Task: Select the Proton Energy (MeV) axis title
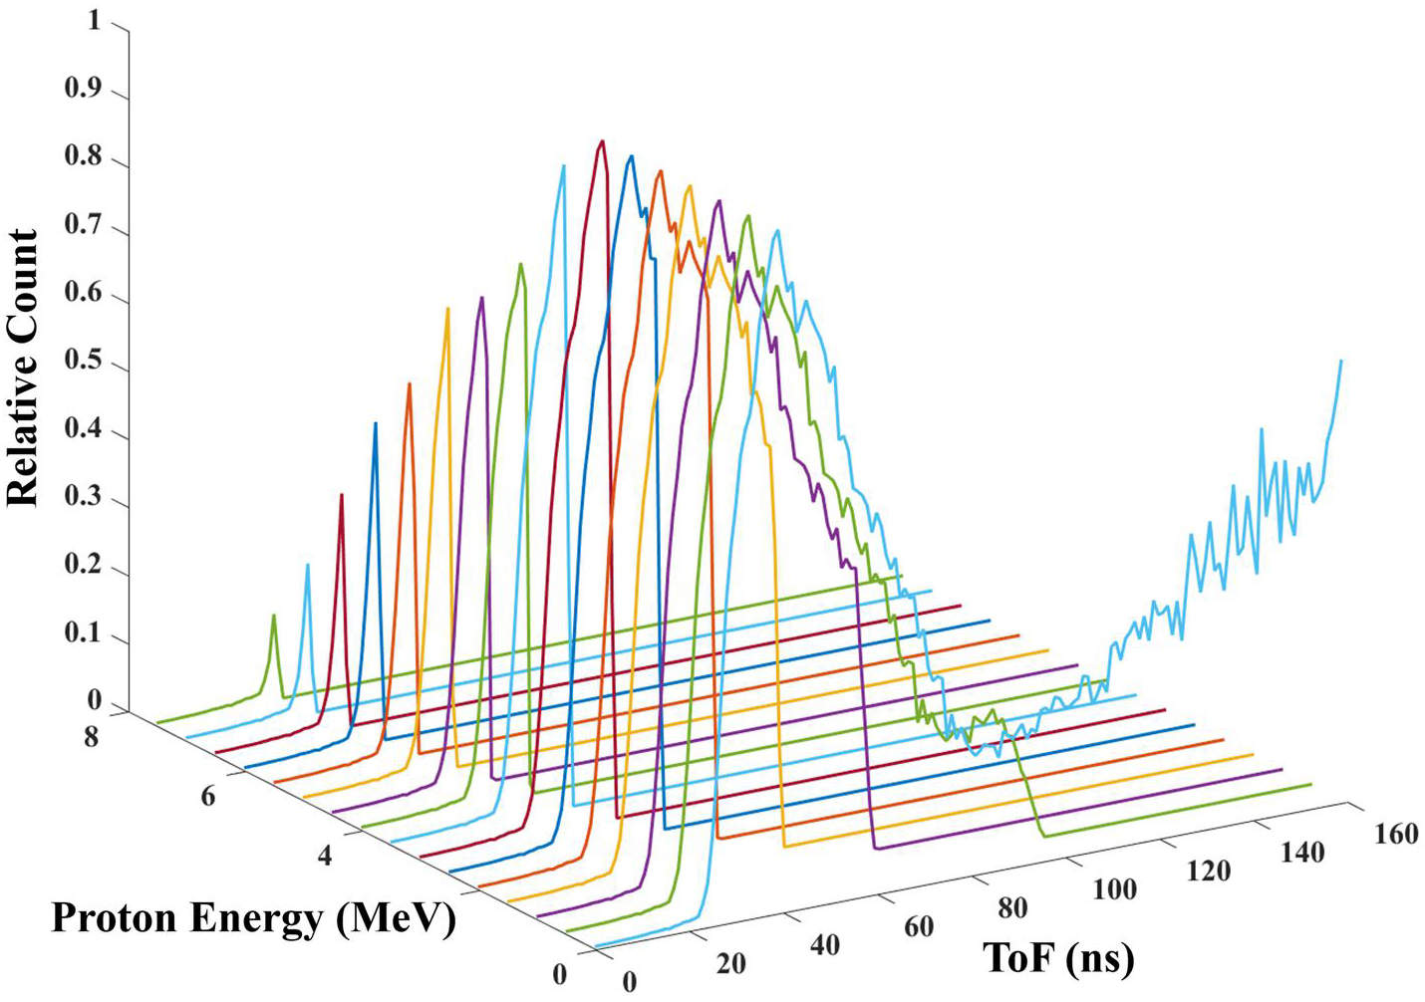(254, 918)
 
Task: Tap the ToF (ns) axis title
(1058, 958)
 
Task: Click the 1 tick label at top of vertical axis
(94, 20)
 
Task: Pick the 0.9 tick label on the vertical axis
(83, 88)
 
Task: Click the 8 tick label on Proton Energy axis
(91, 738)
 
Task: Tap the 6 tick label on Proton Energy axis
(207, 796)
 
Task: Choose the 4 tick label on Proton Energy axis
(325, 855)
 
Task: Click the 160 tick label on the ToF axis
(1395, 834)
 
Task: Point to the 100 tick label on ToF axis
(1114, 888)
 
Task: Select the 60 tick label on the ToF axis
(919, 926)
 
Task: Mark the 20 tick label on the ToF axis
(730, 963)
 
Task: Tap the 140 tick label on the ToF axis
(1302, 853)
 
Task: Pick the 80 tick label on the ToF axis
(1012, 907)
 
